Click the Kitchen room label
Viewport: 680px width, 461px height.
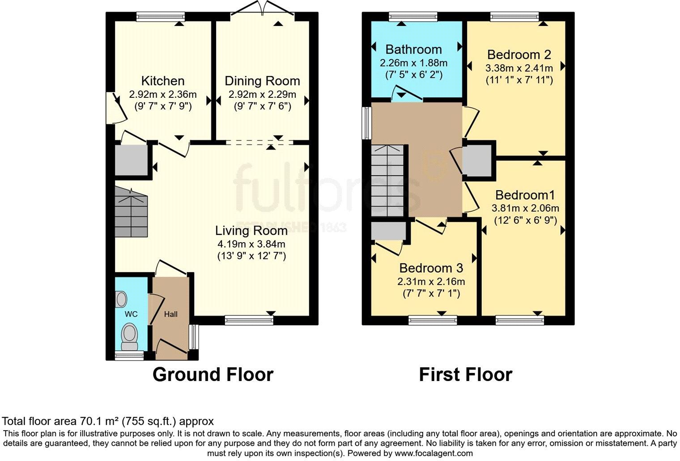pyautogui.click(x=162, y=81)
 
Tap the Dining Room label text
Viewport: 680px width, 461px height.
pyautogui.click(x=262, y=81)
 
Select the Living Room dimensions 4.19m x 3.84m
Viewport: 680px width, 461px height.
pyautogui.click(x=251, y=244)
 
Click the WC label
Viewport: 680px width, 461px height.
pyautogui.click(x=131, y=314)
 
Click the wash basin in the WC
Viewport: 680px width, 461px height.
pyautogui.click(x=121, y=298)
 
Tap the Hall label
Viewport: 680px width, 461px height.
pyautogui.click(x=170, y=314)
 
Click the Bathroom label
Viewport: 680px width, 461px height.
pyautogui.click(x=413, y=49)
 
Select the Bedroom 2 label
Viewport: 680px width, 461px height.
pyautogui.click(x=519, y=54)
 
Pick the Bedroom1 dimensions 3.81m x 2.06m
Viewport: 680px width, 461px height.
pyautogui.click(x=525, y=208)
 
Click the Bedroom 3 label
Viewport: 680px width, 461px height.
pyautogui.click(x=431, y=268)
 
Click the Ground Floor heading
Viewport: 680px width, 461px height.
pyautogui.click(x=213, y=374)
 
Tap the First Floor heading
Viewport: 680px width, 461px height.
pyautogui.click(x=465, y=374)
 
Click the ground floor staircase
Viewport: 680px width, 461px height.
pyautogui.click(x=131, y=212)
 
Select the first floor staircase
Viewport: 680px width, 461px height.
pyautogui.click(x=387, y=181)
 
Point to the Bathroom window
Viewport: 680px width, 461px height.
pyautogui.click(x=413, y=17)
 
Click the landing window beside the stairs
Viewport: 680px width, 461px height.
pyautogui.click(x=367, y=123)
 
